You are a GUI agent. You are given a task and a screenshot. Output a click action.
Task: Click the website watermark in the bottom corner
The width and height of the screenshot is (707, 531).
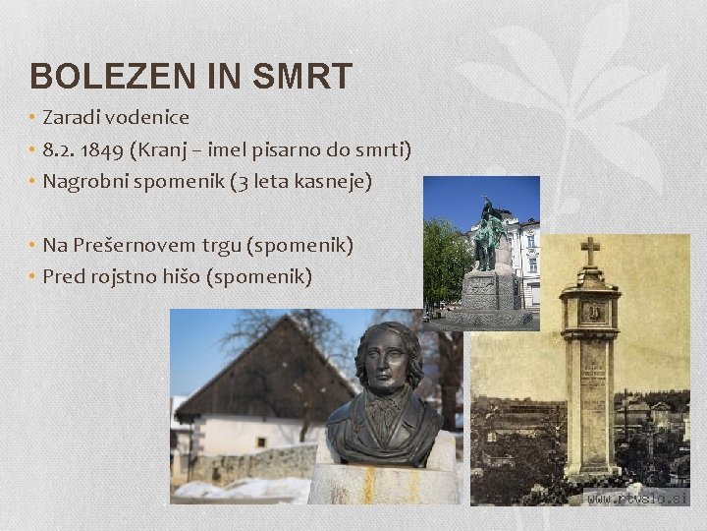635,498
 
